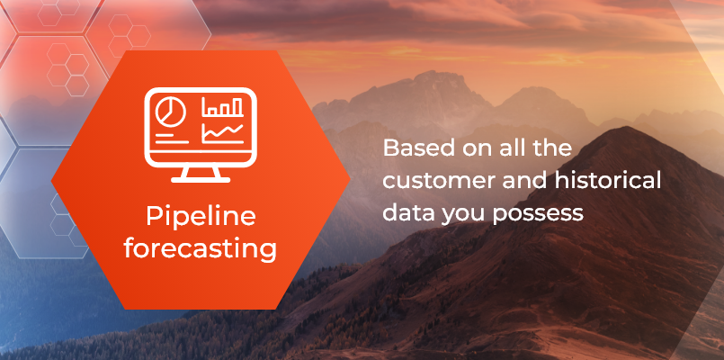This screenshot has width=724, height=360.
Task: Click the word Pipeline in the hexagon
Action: (x=200, y=218)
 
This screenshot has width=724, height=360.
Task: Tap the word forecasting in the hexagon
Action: (x=200, y=247)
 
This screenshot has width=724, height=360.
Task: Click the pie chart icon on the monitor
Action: (x=168, y=112)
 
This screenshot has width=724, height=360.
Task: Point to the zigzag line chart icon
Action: (x=222, y=133)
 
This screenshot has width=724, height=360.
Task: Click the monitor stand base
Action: (x=200, y=177)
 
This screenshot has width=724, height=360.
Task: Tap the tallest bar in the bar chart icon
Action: (x=237, y=106)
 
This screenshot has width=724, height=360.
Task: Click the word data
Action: (x=402, y=212)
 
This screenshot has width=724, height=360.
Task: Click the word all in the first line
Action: (x=513, y=148)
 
